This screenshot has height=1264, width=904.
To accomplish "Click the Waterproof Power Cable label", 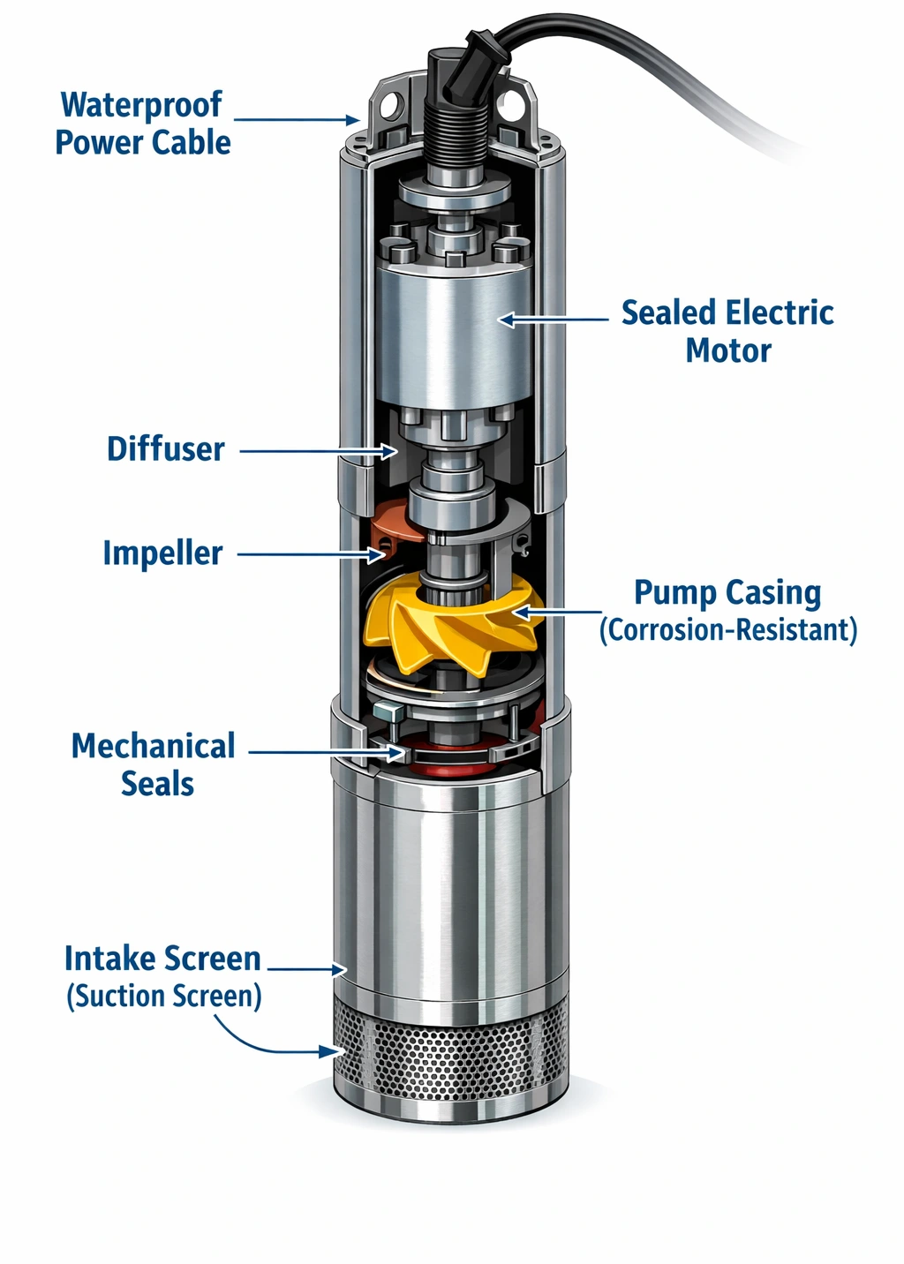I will coord(142,124).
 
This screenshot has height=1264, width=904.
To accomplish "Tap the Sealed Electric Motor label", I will coord(727,331).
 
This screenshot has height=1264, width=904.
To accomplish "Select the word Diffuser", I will coord(166,449).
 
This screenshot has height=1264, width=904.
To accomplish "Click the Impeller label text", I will coord(162,553).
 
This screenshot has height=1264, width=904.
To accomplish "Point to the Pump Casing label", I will coord(727,593).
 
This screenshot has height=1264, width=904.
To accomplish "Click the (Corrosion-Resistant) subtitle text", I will coord(727,630).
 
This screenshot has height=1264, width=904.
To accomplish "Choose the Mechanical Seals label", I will coord(154,764).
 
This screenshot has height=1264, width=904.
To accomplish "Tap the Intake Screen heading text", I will coord(162,959).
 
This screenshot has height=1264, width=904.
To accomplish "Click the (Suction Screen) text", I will coord(164,997).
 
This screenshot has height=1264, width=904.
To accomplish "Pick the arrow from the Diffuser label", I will coord(318,451).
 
